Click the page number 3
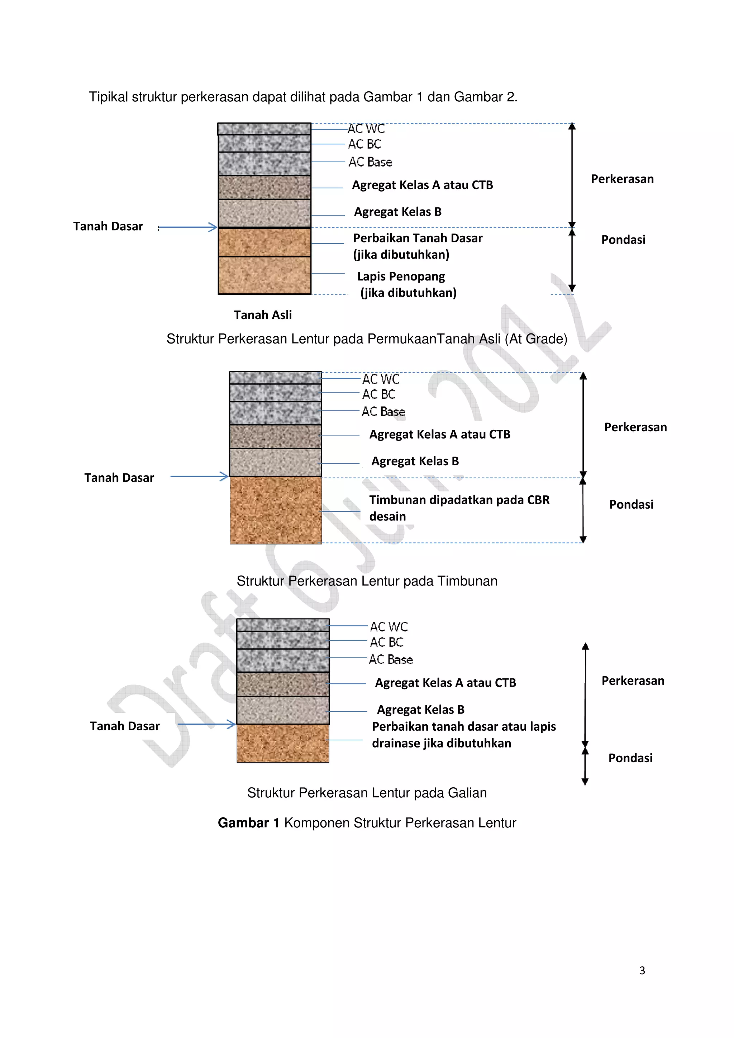pos(642,970)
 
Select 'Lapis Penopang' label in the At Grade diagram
pos(401,276)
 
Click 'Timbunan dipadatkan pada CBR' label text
pos(459,500)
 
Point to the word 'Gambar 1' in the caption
pos(248,823)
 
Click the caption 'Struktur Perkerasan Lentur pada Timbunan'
pos(367,581)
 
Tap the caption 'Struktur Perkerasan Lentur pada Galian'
pos(367,793)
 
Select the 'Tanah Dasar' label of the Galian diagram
pos(125,726)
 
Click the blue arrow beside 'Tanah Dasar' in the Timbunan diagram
pos(199,476)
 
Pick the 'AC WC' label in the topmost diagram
pos(366,129)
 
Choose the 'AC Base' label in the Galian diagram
pos(391,660)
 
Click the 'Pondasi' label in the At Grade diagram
pos(623,240)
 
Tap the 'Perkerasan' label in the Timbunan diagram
pos(635,427)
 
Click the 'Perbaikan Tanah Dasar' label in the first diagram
pos(418,238)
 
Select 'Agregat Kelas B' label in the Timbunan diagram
pos(415,461)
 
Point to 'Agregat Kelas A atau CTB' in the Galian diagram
pos(445,683)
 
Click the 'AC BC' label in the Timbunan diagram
pos(378,395)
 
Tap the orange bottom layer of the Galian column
pos(283,743)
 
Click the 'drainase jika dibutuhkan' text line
pos(442,743)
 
